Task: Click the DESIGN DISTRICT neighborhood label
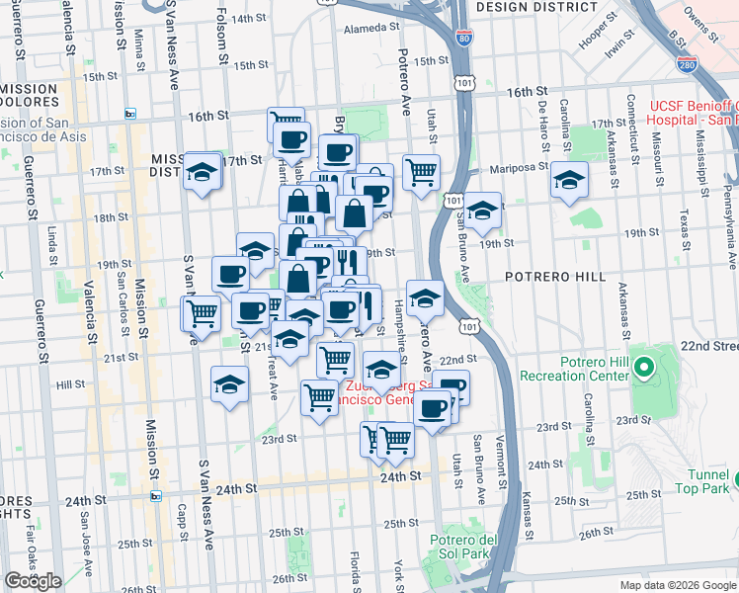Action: (x=531, y=6)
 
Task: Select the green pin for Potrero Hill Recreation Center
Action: (x=644, y=370)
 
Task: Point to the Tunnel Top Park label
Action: (x=702, y=479)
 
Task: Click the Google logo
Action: (x=33, y=581)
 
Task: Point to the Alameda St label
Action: (x=369, y=30)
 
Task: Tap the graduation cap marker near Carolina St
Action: (x=569, y=180)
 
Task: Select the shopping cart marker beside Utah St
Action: (x=422, y=170)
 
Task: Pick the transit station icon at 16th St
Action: (x=129, y=115)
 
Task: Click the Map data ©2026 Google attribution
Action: (x=676, y=584)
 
